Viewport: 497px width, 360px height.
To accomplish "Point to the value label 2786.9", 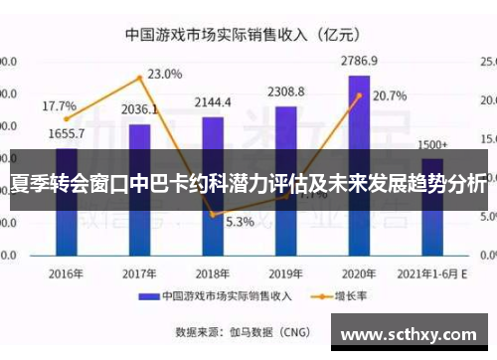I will (x=359, y=62).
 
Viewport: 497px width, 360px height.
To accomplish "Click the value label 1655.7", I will (x=66, y=132).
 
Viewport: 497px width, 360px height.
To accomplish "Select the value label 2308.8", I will (x=286, y=91).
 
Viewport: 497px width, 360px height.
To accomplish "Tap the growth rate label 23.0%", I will (x=165, y=74).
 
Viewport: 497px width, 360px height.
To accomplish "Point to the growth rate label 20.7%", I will (x=390, y=96).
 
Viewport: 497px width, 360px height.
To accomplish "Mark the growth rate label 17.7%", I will (x=59, y=105).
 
